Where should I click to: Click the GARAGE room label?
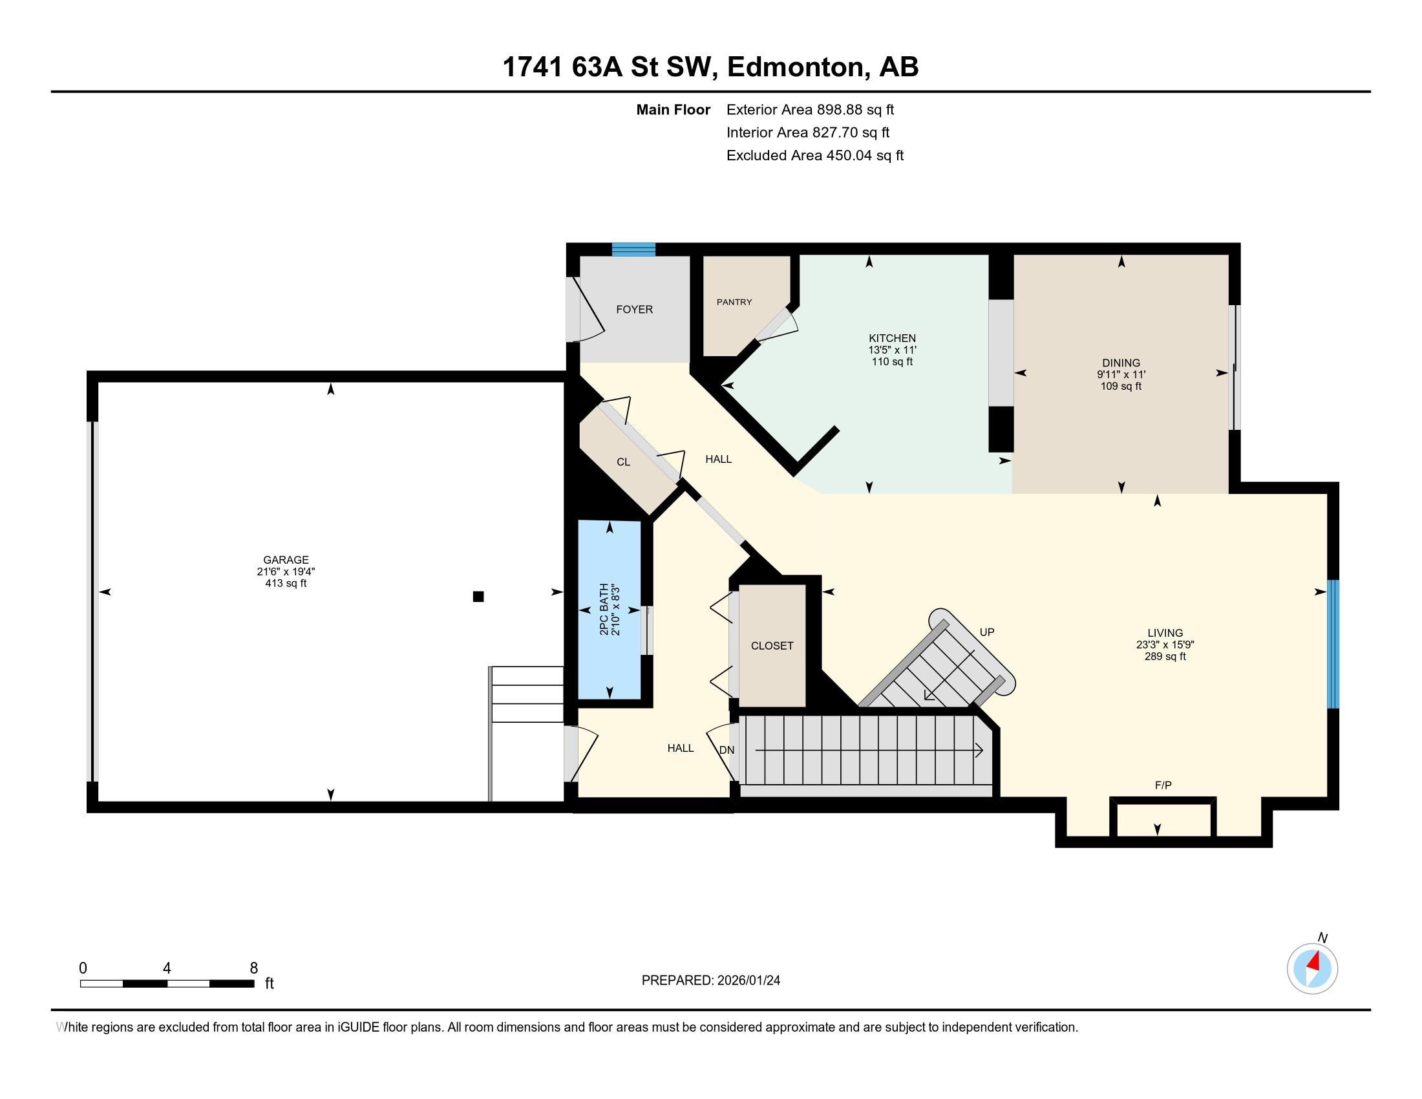pos(286,559)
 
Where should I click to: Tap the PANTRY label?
pos(734,302)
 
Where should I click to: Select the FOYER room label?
pos(634,309)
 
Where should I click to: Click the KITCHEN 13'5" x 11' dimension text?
pos(891,350)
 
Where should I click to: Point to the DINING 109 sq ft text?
pos(1121,386)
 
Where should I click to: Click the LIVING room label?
pos(1165,633)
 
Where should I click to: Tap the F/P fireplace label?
pos(1163,785)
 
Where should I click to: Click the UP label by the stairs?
pos(986,632)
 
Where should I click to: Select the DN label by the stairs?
pos(727,750)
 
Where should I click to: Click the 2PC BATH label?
pos(604,609)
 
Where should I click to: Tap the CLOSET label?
pos(772,646)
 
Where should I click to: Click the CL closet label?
pos(623,462)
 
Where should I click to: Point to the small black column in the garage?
pos(478,597)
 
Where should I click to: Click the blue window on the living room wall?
pos(1333,643)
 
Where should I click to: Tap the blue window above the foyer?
pos(633,250)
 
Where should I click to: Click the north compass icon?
pos(1312,968)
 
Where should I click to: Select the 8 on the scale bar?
pos(253,968)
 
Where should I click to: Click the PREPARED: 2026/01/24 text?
pos(710,981)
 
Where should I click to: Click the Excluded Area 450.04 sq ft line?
pos(814,156)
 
